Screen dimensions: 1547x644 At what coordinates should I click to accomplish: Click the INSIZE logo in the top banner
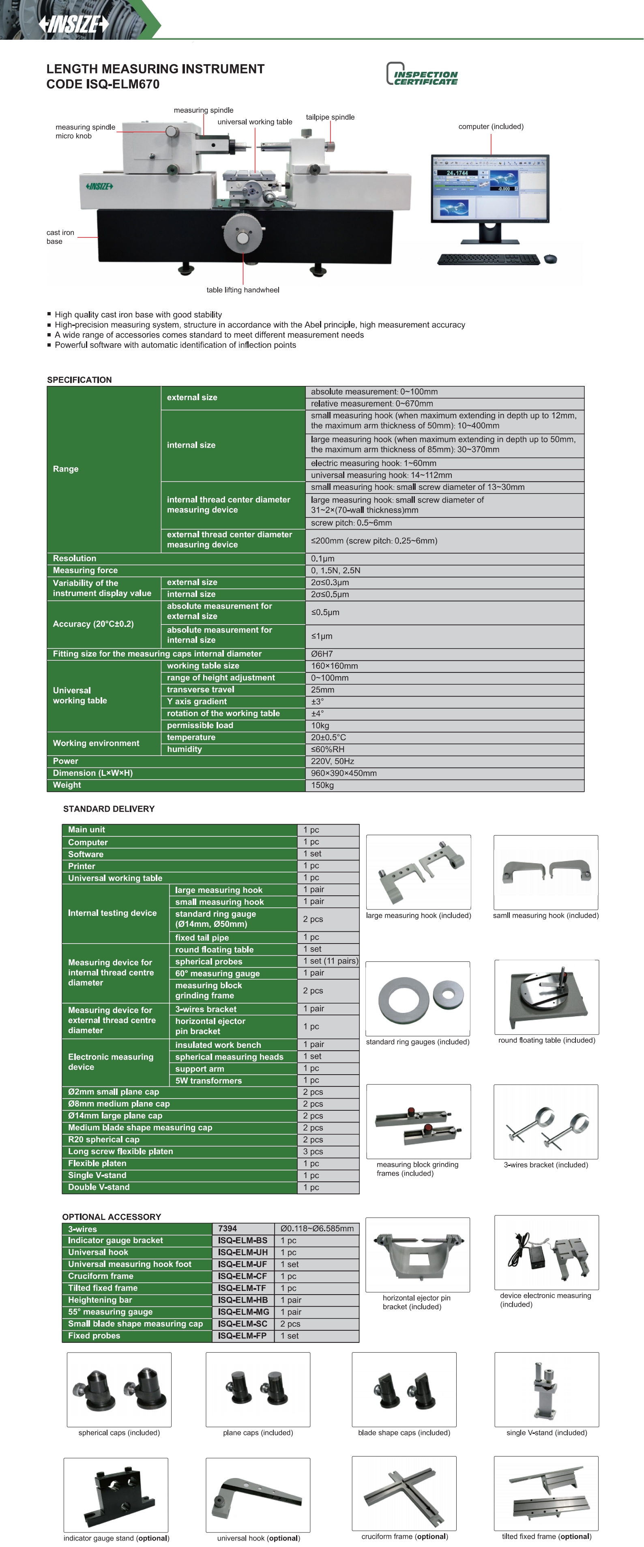click(x=73, y=24)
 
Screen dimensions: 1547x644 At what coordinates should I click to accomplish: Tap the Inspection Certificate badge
click(x=422, y=74)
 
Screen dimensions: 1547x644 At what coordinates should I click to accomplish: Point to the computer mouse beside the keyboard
click(x=550, y=259)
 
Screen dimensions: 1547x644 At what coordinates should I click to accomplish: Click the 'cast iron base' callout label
click(x=60, y=237)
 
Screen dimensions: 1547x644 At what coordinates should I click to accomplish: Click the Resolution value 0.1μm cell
click(x=444, y=558)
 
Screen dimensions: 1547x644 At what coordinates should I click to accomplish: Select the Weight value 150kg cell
click(x=444, y=785)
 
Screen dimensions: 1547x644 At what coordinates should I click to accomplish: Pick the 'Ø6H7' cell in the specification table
click(x=444, y=653)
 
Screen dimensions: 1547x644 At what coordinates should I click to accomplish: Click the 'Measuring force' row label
click(x=85, y=570)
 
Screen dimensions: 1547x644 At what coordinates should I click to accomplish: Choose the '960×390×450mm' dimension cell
click(x=444, y=773)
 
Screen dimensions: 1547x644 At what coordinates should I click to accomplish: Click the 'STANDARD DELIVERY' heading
click(x=109, y=809)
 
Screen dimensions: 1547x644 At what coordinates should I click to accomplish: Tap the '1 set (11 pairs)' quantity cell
click(x=329, y=961)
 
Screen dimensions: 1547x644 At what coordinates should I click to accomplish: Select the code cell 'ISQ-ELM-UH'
click(x=243, y=1252)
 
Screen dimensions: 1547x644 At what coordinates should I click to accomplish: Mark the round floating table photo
click(x=546, y=996)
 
